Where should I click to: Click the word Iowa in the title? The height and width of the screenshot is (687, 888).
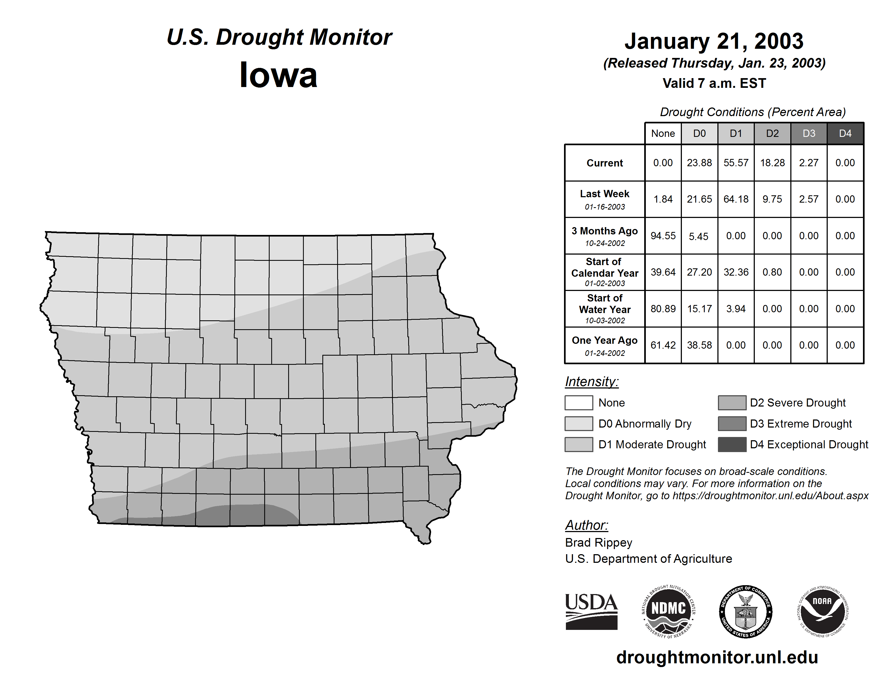278,75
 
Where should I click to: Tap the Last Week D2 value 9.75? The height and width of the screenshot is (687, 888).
772,199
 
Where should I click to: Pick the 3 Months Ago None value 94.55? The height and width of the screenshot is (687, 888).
663,236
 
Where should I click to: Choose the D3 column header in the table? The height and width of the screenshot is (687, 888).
809,133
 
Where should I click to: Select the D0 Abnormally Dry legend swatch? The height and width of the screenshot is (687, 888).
579,423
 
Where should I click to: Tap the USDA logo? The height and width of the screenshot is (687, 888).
591,611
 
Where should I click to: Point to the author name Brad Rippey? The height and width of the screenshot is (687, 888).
598,543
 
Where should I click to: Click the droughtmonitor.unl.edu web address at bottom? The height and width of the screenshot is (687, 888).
717,657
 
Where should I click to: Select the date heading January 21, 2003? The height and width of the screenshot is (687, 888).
714,41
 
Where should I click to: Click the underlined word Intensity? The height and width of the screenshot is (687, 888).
591,382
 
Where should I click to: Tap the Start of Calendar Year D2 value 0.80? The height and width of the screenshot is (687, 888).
772,272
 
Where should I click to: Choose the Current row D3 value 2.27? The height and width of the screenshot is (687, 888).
808,163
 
